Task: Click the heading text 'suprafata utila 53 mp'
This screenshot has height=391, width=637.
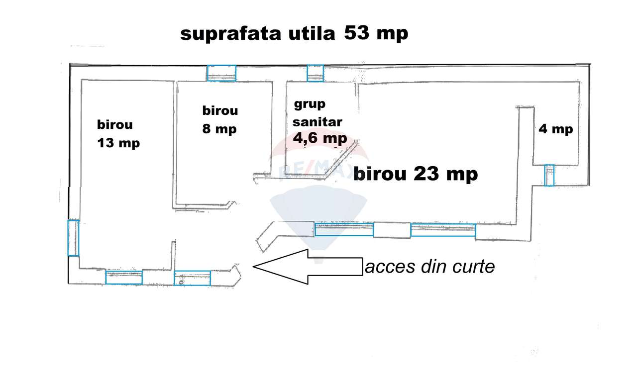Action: [294, 34]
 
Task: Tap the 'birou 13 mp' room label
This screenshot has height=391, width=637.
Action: [118, 133]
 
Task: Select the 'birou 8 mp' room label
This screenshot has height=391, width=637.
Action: [219, 120]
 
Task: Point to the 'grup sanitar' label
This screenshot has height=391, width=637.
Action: [318, 113]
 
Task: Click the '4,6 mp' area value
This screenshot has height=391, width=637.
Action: [320, 138]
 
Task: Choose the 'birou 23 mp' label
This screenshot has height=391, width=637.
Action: [416, 175]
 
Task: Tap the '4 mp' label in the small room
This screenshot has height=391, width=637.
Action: [556, 129]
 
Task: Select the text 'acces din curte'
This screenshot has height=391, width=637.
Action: [430, 267]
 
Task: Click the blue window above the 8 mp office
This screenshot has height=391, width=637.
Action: [221, 73]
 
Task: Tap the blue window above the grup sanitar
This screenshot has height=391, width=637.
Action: [315, 73]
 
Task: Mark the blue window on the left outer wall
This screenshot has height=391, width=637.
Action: [73, 238]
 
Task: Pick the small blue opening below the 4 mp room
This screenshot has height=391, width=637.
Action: [549, 175]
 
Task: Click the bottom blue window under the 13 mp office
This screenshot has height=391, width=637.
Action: [124, 277]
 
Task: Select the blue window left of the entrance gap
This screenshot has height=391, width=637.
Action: [192, 278]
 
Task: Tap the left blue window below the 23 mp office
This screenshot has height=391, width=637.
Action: [344, 229]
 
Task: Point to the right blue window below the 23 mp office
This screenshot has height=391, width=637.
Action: [443, 230]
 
